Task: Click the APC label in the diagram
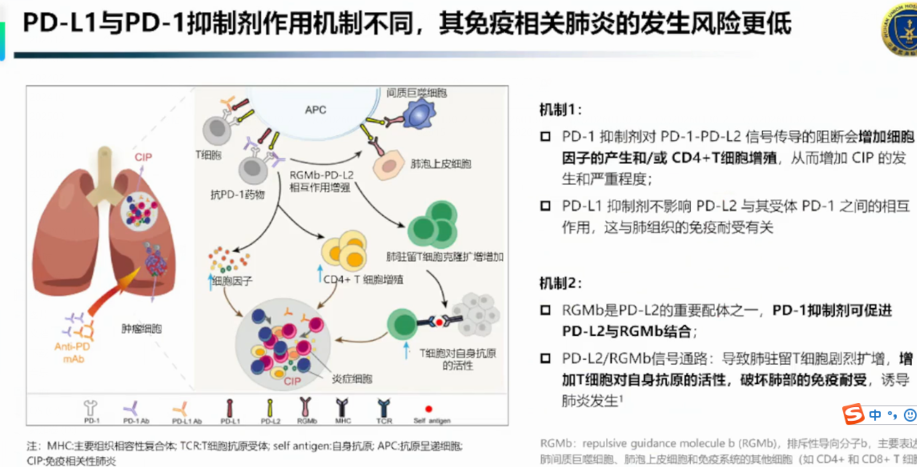pyautogui.click(x=315, y=110)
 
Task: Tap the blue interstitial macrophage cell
pyautogui.click(x=420, y=113)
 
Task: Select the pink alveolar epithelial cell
pyautogui.click(x=389, y=165)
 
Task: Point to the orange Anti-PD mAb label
pyautogui.click(x=73, y=352)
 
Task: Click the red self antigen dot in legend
pyautogui.click(x=428, y=409)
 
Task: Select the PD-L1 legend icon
pyautogui.click(x=230, y=408)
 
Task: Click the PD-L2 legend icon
pyautogui.click(x=270, y=408)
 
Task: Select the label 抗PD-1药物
pyautogui.click(x=238, y=195)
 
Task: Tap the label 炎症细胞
pyautogui.click(x=352, y=379)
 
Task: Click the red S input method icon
pyautogui.click(x=853, y=414)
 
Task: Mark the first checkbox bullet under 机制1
pyautogui.click(x=545, y=137)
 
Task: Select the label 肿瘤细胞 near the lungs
pyautogui.click(x=141, y=328)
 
